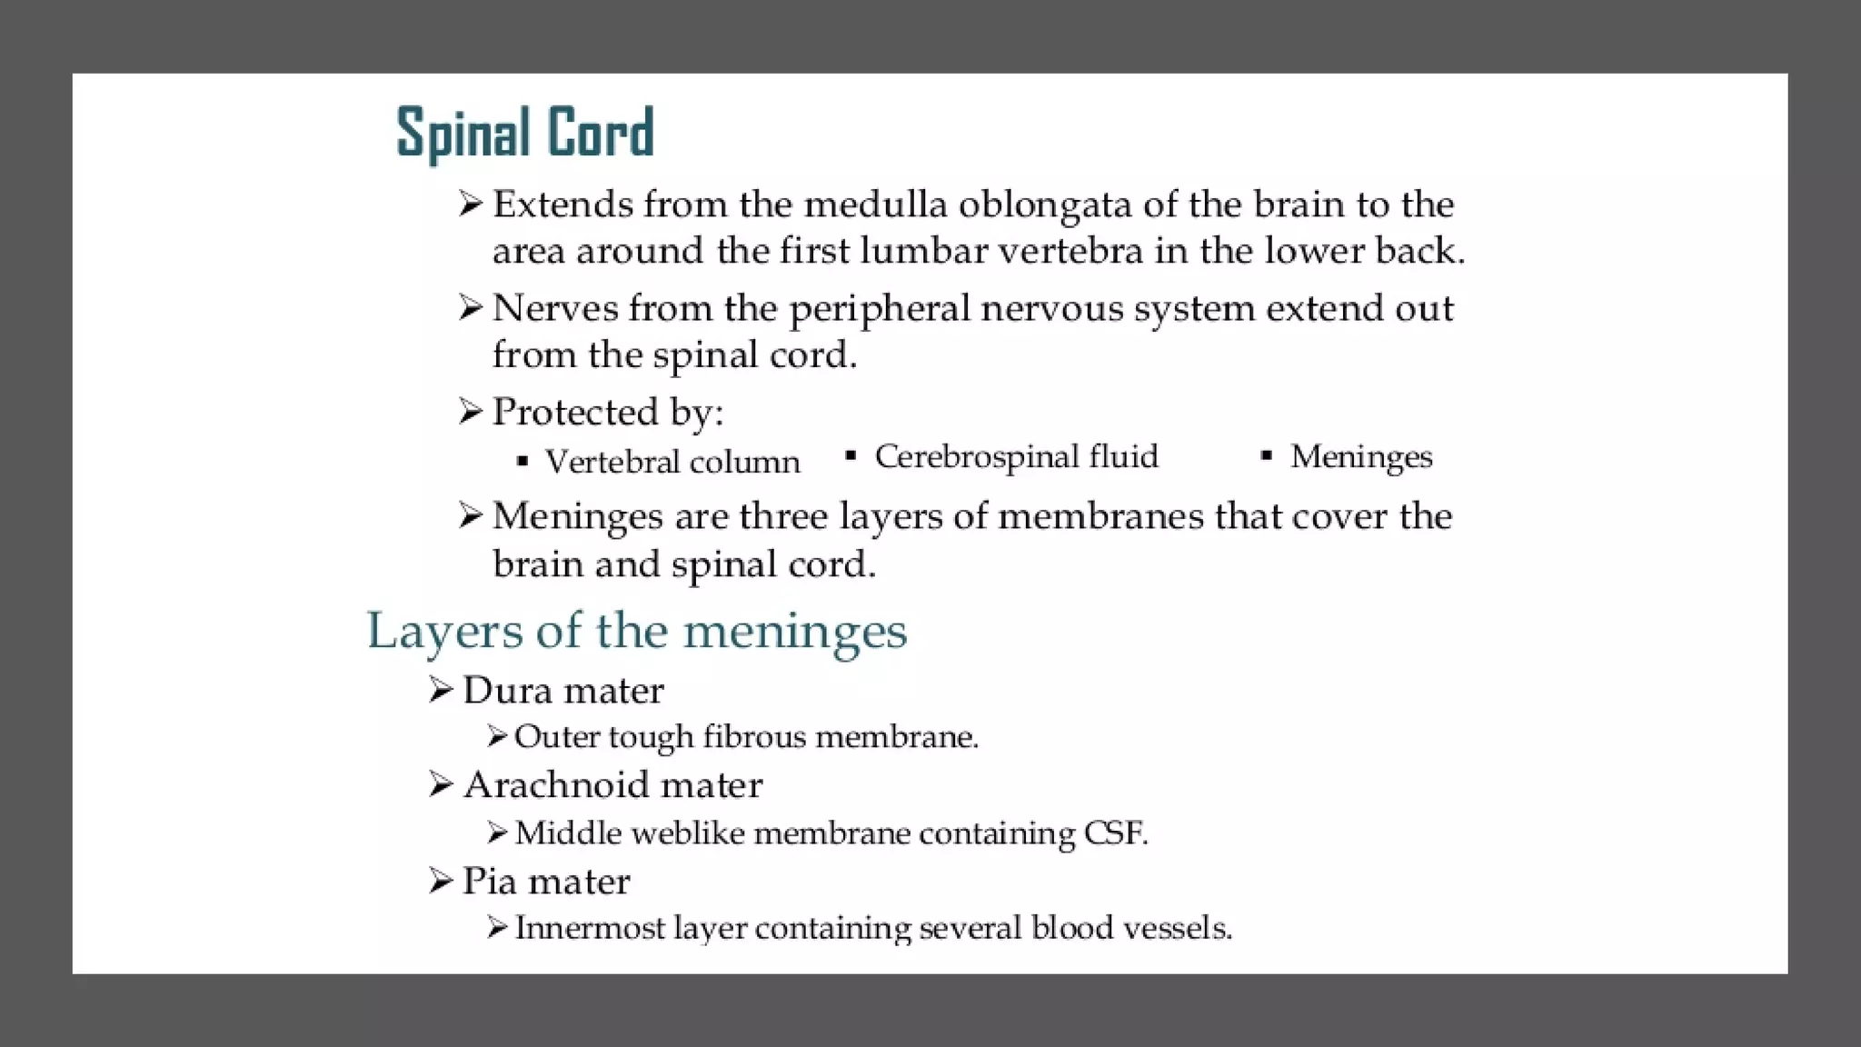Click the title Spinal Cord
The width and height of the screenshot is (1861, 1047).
(x=525, y=133)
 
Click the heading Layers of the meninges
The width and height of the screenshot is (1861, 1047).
(x=636, y=630)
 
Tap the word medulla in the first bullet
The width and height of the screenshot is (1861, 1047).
(x=875, y=204)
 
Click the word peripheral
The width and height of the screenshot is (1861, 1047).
(x=880, y=310)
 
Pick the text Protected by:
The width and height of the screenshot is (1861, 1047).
(x=607, y=413)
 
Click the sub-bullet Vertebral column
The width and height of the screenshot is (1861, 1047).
(x=672, y=462)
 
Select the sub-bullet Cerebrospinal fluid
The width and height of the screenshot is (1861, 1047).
(x=1016, y=456)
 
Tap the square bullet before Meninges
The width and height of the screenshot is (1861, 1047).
(x=1267, y=455)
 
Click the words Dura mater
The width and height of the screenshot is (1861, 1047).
(x=562, y=691)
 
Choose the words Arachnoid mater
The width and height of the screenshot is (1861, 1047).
(x=612, y=785)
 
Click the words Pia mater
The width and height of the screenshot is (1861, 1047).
(x=545, y=881)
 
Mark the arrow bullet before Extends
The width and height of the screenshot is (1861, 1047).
(x=470, y=204)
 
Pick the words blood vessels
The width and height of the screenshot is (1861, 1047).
(x=1130, y=928)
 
